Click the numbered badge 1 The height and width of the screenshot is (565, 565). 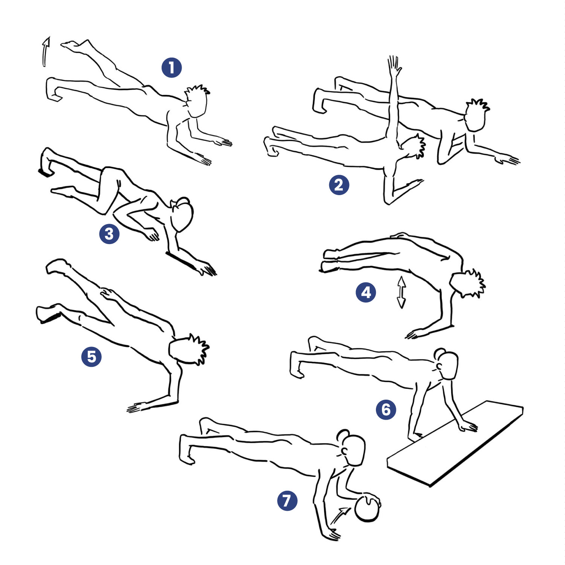point(171,68)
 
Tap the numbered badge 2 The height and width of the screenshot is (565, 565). point(339,185)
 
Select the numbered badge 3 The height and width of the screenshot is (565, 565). point(109,234)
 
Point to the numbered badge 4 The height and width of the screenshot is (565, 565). point(366,293)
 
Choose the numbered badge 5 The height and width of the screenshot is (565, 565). point(92,357)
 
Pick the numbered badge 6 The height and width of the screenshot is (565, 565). point(386,409)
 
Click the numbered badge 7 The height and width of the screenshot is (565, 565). point(287,501)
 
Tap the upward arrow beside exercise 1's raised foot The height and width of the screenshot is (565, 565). point(46,52)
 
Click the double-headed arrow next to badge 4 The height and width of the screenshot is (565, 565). point(402,292)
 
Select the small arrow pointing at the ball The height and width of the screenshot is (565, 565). point(341,515)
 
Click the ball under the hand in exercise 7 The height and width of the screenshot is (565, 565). point(367,509)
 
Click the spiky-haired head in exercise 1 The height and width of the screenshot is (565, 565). point(197,102)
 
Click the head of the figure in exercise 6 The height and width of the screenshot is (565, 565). point(447,363)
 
